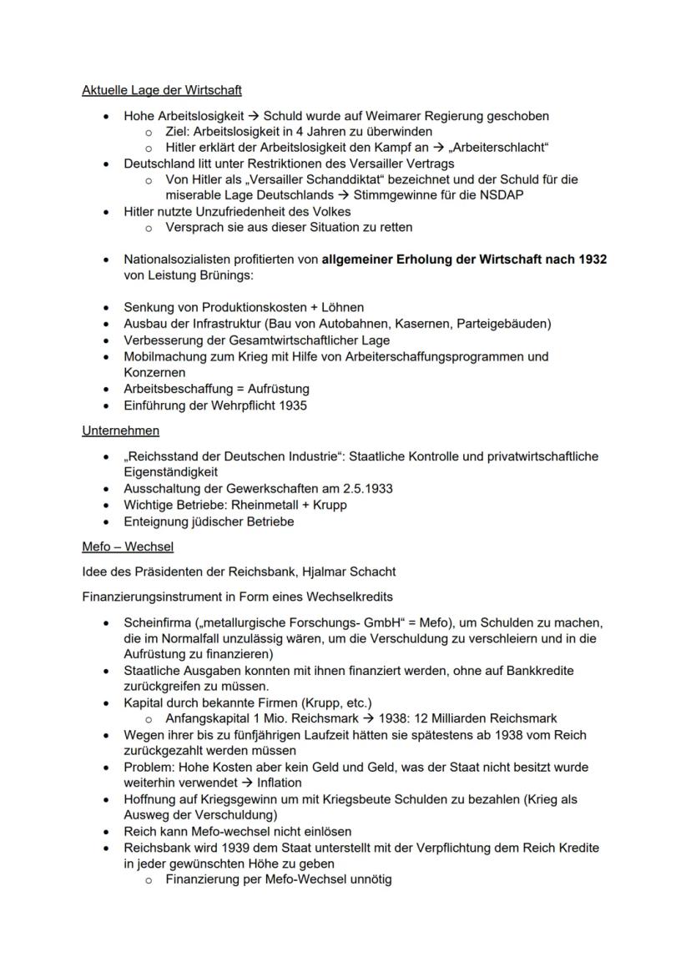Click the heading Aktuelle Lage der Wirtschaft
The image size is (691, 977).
click(x=162, y=89)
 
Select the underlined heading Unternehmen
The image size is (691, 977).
click(x=120, y=431)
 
